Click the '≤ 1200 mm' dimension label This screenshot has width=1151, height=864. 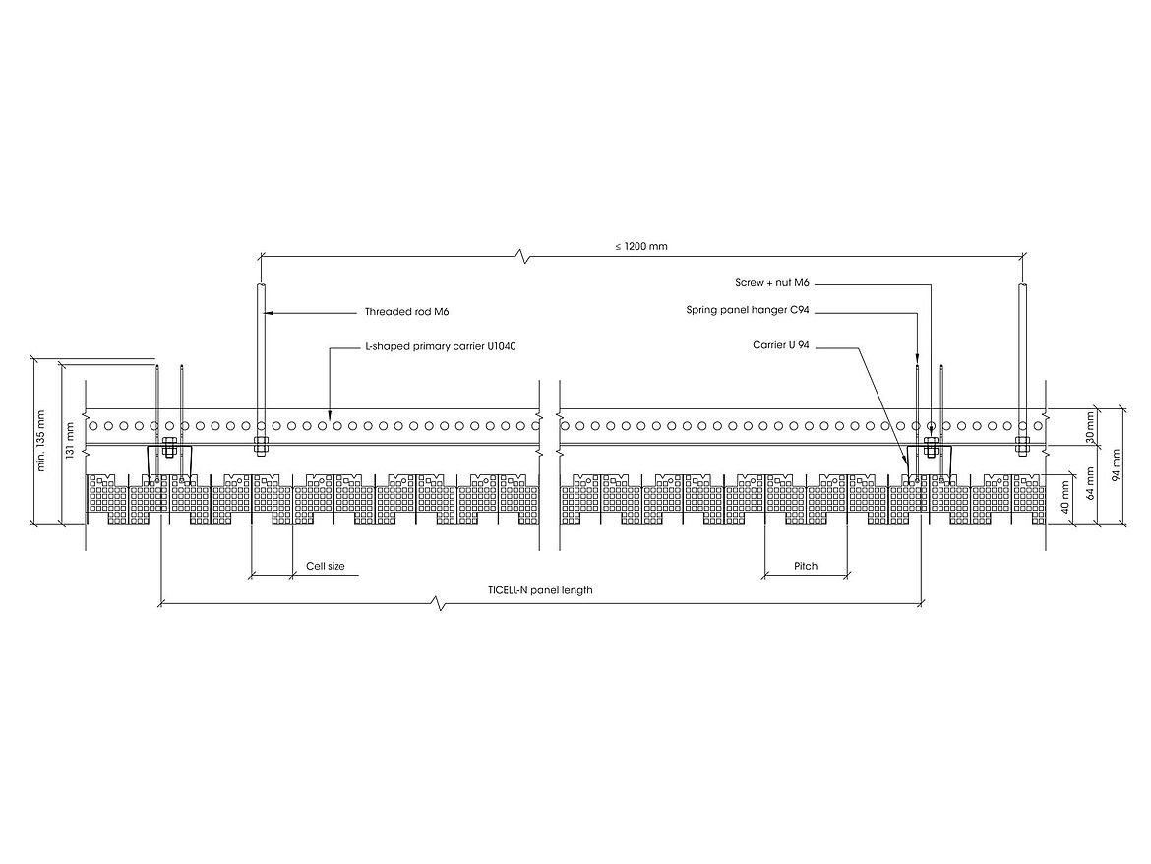click(641, 246)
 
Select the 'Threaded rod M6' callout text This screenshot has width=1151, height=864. click(406, 312)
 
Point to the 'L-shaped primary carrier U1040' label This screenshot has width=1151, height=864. click(441, 345)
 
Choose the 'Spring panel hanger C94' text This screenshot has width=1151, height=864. click(748, 310)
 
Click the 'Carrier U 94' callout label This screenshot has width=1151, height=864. click(781, 344)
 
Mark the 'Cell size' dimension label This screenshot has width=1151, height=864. click(326, 566)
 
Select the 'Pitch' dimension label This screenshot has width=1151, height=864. click(806, 566)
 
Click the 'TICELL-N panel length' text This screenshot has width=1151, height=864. click(540, 590)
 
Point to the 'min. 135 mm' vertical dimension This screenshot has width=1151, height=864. click(41, 441)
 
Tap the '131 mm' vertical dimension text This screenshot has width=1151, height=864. click(71, 441)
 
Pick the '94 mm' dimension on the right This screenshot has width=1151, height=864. click(1116, 464)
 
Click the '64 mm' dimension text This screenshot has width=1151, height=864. click(1090, 482)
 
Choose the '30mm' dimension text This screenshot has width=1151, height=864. click(1090, 426)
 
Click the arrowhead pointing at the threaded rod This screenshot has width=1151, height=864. click(269, 313)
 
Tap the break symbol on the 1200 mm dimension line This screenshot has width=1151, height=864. click(522, 257)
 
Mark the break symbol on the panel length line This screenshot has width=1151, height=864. click(440, 604)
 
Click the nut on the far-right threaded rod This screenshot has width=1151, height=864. click(1022, 444)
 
